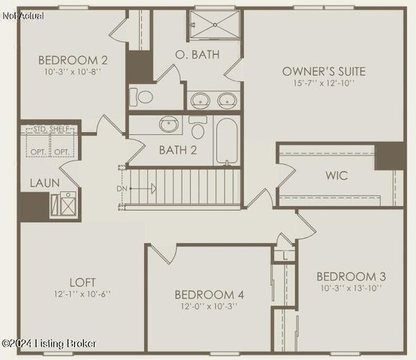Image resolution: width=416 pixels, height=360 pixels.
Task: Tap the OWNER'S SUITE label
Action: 324,72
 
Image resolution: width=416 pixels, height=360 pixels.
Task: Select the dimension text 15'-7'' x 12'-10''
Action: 324,84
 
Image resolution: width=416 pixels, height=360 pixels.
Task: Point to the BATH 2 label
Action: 178,150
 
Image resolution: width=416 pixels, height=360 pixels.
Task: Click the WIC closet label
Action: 336,176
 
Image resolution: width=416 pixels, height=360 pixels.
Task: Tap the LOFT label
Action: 83,282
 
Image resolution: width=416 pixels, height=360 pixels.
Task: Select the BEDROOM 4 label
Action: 209,295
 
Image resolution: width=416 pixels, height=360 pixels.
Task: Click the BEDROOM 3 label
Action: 351,276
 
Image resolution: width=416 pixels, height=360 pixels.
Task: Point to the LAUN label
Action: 40,183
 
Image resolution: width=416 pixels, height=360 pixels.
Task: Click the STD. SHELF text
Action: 52,130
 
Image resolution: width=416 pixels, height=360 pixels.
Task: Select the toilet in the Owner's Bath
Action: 143,97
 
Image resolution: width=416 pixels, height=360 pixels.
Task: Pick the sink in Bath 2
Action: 169,124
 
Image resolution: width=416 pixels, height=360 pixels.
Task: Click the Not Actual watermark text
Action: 23,16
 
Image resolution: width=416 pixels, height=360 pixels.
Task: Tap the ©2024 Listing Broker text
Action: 50,343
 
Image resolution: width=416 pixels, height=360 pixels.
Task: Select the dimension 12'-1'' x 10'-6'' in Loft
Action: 83,294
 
